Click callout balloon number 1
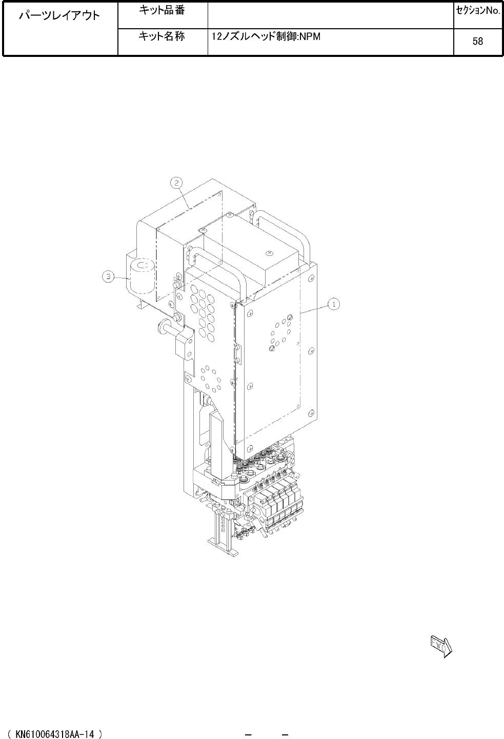coord(334,304)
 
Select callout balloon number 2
coord(176,183)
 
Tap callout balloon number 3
coord(108,276)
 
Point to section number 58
coord(478,41)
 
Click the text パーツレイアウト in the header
coord(59,15)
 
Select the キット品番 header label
coord(162,10)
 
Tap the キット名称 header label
coord(162,36)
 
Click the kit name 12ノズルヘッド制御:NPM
coord(266,36)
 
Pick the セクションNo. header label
coord(478,11)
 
